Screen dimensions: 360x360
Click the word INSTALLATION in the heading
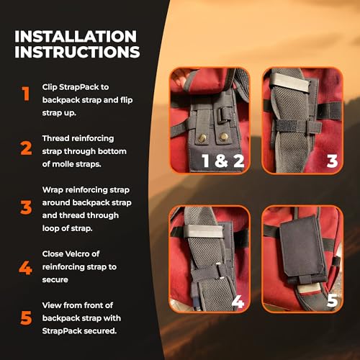pyautogui.click(x=75, y=35)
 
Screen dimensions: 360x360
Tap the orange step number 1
pyautogui.click(x=25, y=93)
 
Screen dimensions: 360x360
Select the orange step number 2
pyautogui.click(x=26, y=149)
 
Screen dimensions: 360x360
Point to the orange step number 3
pyautogui.click(x=26, y=207)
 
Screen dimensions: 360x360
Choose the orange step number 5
pyautogui.click(x=26, y=317)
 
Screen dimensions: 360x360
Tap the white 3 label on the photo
pyautogui.click(x=332, y=161)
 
